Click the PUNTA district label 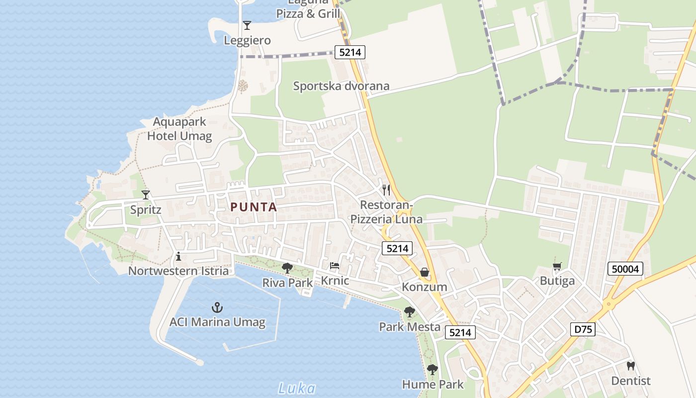pyautogui.click(x=254, y=207)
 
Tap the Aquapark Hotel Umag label pyautogui.click(x=179, y=129)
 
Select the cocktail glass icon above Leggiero pyautogui.click(x=247, y=25)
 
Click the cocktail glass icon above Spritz pyautogui.click(x=146, y=195)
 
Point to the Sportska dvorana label pyautogui.click(x=341, y=86)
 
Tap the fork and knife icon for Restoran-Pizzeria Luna pyautogui.click(x=386, y=190)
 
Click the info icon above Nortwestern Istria pyautogui.click(x=178, y=257)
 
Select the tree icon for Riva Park pyautogui.click(x=287, y=268)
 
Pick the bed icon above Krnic pyautogui.click(x=335, y=266)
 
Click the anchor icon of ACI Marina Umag pyautogui.click(x=217, y=307)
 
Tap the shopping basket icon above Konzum pyautogui.click(x=424, y=272)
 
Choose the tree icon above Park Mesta pyautogui.click(x=409, y=312)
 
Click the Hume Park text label pyautogui.click(x=433, y=384)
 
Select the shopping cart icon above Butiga pyautogui.click(x=557, y=267)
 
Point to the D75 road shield pyautogui.click(x=583, y=329)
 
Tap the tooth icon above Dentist pyautogui.click(x=630, y=366)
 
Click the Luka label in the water pyautogui.click(x=296, y=388)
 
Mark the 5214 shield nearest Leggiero pyautogui.click(x=349, y=52)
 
